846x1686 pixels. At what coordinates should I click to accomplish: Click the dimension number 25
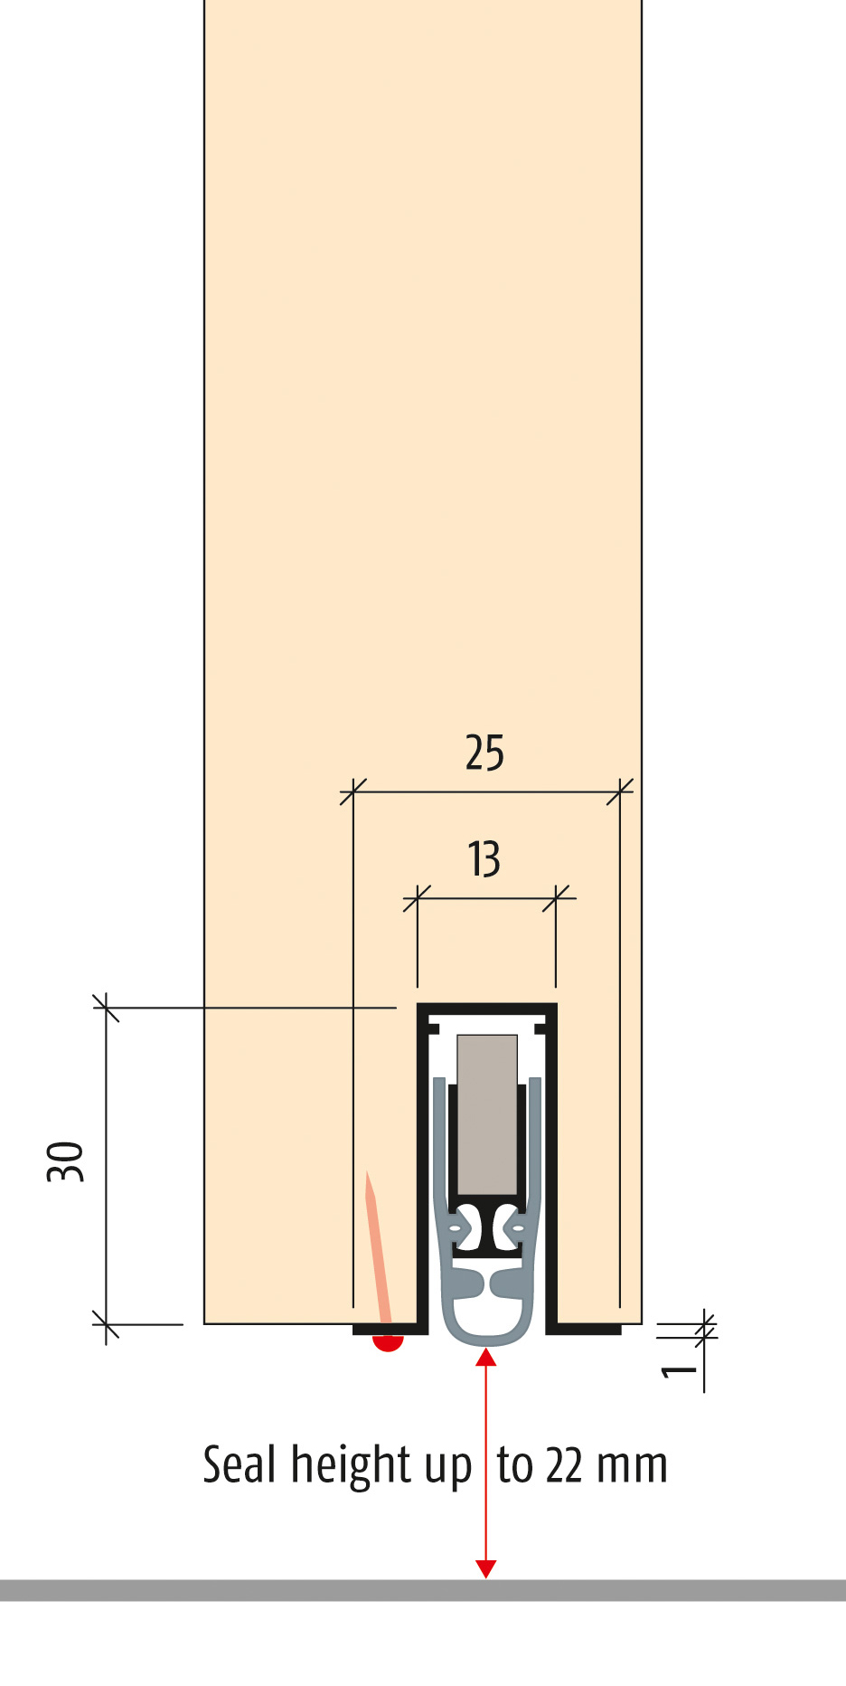click(484, 753)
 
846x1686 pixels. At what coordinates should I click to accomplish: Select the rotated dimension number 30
click(65, 1161)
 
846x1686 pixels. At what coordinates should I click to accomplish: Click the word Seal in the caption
click(239, 1463)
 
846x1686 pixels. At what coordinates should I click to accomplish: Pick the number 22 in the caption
click(564, 1465)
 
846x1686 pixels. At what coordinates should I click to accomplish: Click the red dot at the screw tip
click(388, 1342)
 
